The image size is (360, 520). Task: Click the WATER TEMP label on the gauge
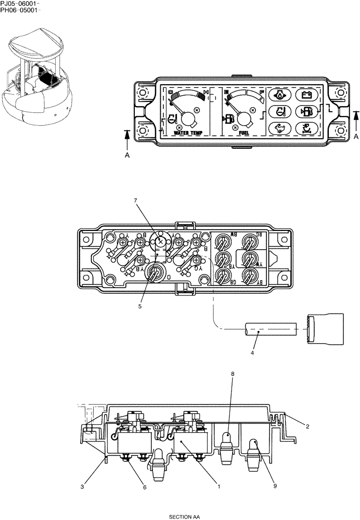(188, 133)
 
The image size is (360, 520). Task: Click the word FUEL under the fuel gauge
(243, 133)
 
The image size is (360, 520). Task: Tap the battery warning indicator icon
(304, 95)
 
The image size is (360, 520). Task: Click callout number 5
(140, 306)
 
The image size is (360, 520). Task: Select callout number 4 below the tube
(252, 353)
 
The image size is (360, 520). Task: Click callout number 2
(307, 426)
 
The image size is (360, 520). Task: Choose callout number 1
(219, 487)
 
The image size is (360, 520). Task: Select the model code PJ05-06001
(19, 3)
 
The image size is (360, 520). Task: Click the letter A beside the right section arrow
(356, 136)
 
